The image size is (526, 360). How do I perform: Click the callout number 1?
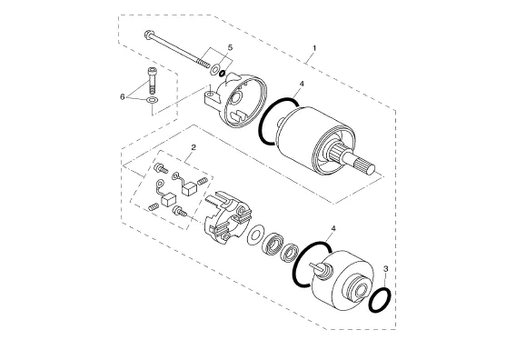[314, 48]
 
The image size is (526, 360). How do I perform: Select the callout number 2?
[194, 147]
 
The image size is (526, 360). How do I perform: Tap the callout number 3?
[386, 269]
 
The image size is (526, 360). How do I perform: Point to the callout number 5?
[230, 47]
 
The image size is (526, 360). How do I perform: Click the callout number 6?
[122, 97]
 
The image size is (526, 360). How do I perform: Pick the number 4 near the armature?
[302, 84]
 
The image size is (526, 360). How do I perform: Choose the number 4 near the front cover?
[333, 229]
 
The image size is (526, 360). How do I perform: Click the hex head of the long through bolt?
[148, 34]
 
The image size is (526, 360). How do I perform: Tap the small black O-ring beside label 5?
[222, 73]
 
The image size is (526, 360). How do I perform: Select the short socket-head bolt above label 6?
[152, 80]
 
